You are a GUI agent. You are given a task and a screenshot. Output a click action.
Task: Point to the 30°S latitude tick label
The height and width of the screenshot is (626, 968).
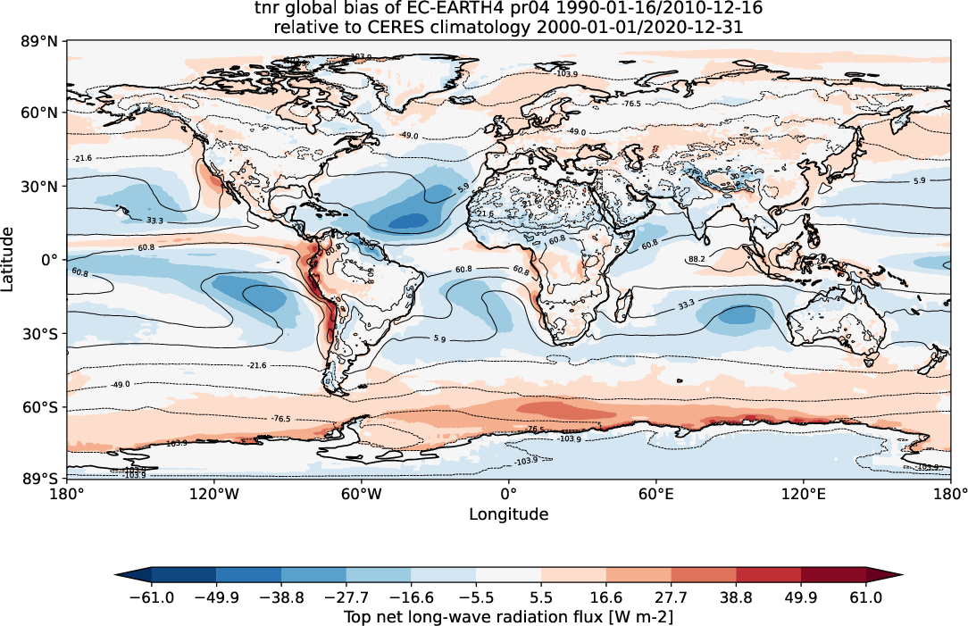tap(43, 333)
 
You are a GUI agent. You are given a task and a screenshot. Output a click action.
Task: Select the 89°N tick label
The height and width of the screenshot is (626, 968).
tap(43, 41)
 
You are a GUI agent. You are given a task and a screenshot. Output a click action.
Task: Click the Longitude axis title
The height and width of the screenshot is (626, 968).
tap(508, 514)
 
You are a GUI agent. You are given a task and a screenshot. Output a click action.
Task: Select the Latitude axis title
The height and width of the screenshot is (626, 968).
tap(9, 259)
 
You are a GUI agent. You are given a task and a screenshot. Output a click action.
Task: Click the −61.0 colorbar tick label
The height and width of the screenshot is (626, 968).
tap(151, 597)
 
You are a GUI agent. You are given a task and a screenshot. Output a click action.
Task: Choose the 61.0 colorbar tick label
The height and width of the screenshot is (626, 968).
tap(866, 597)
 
